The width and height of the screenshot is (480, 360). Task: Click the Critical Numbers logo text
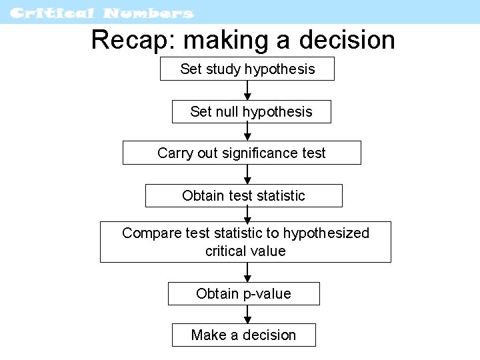point(102,13)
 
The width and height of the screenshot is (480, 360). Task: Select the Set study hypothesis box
point(247,69)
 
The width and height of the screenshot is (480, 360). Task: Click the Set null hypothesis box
point(251,111)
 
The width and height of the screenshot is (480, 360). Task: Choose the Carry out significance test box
point(241,153)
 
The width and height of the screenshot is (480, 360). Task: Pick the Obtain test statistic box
point(243,195)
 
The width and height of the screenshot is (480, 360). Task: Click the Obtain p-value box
point(243,293)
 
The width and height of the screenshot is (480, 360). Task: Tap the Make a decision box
point(243,335)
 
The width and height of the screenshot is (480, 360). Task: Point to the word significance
point(261,153)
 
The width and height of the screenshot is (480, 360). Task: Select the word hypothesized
point(326,233)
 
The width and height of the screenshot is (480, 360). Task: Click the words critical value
point(245,251)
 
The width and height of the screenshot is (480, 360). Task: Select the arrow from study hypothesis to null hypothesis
point(247,91)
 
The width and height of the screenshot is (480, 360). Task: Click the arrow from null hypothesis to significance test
point(247,132)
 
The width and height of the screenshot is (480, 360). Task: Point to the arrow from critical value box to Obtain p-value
point(247,273)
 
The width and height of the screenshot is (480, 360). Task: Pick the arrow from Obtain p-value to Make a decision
point(247,315)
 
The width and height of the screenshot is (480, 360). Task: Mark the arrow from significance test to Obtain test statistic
point(247,175)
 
